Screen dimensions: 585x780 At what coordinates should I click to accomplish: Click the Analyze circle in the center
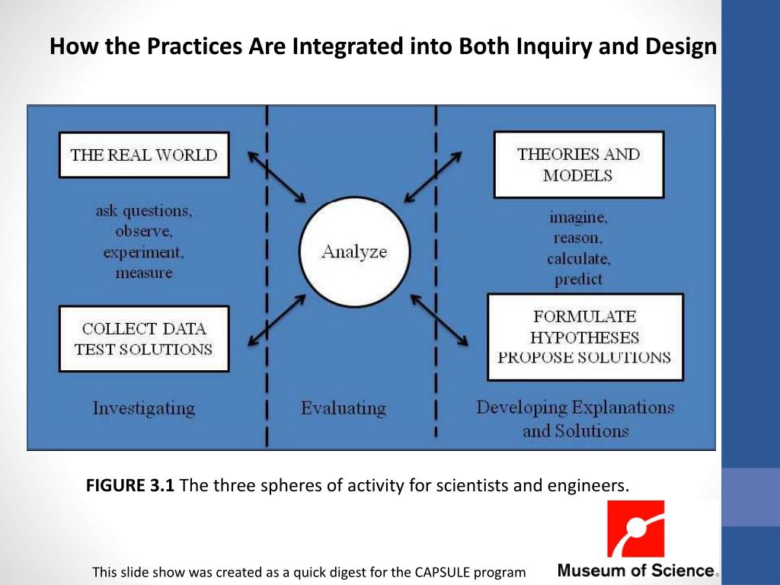click(354, 252)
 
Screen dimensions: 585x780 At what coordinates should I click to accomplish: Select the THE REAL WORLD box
click(144, 155)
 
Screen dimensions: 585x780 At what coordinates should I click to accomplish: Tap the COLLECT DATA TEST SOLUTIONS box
click(144, 339)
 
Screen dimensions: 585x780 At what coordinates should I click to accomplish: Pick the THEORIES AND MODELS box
click(578, 165)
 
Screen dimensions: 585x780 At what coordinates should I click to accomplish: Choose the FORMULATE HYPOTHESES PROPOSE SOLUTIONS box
click(585, 337)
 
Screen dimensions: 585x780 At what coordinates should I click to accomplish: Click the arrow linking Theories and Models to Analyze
click(433, 177)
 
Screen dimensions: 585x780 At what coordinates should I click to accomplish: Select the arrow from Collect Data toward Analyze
click(277, 321)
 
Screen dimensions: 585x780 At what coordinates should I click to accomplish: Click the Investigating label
click(144, 408)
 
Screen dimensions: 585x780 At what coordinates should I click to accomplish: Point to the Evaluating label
click(344, 408)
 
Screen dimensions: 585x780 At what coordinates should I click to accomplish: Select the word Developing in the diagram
click(520, 408)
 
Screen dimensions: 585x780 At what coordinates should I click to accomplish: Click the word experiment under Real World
click(144, 251)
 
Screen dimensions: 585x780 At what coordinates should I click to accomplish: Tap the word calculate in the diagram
click(579, 259)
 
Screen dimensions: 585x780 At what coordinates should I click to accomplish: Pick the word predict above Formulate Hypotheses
click(579, 280)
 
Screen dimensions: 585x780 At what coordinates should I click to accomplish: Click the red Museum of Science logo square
click(635, 529)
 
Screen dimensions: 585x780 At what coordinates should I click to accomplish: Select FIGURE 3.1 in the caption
click(130, 485)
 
